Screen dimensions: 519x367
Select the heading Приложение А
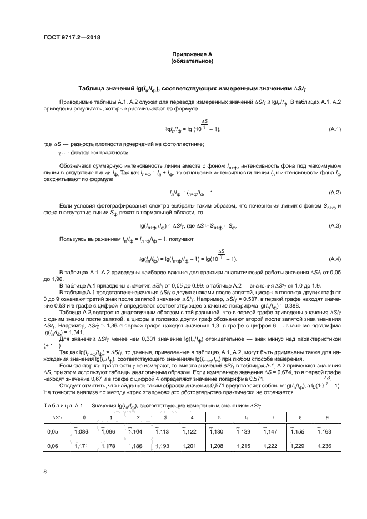[192, 54]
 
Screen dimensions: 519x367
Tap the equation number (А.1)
[334, 129]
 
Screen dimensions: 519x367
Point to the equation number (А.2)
[334, 192]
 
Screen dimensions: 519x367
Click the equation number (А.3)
[334, 226]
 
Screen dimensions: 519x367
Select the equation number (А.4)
[334, 259]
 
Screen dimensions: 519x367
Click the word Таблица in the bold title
[93, 89]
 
